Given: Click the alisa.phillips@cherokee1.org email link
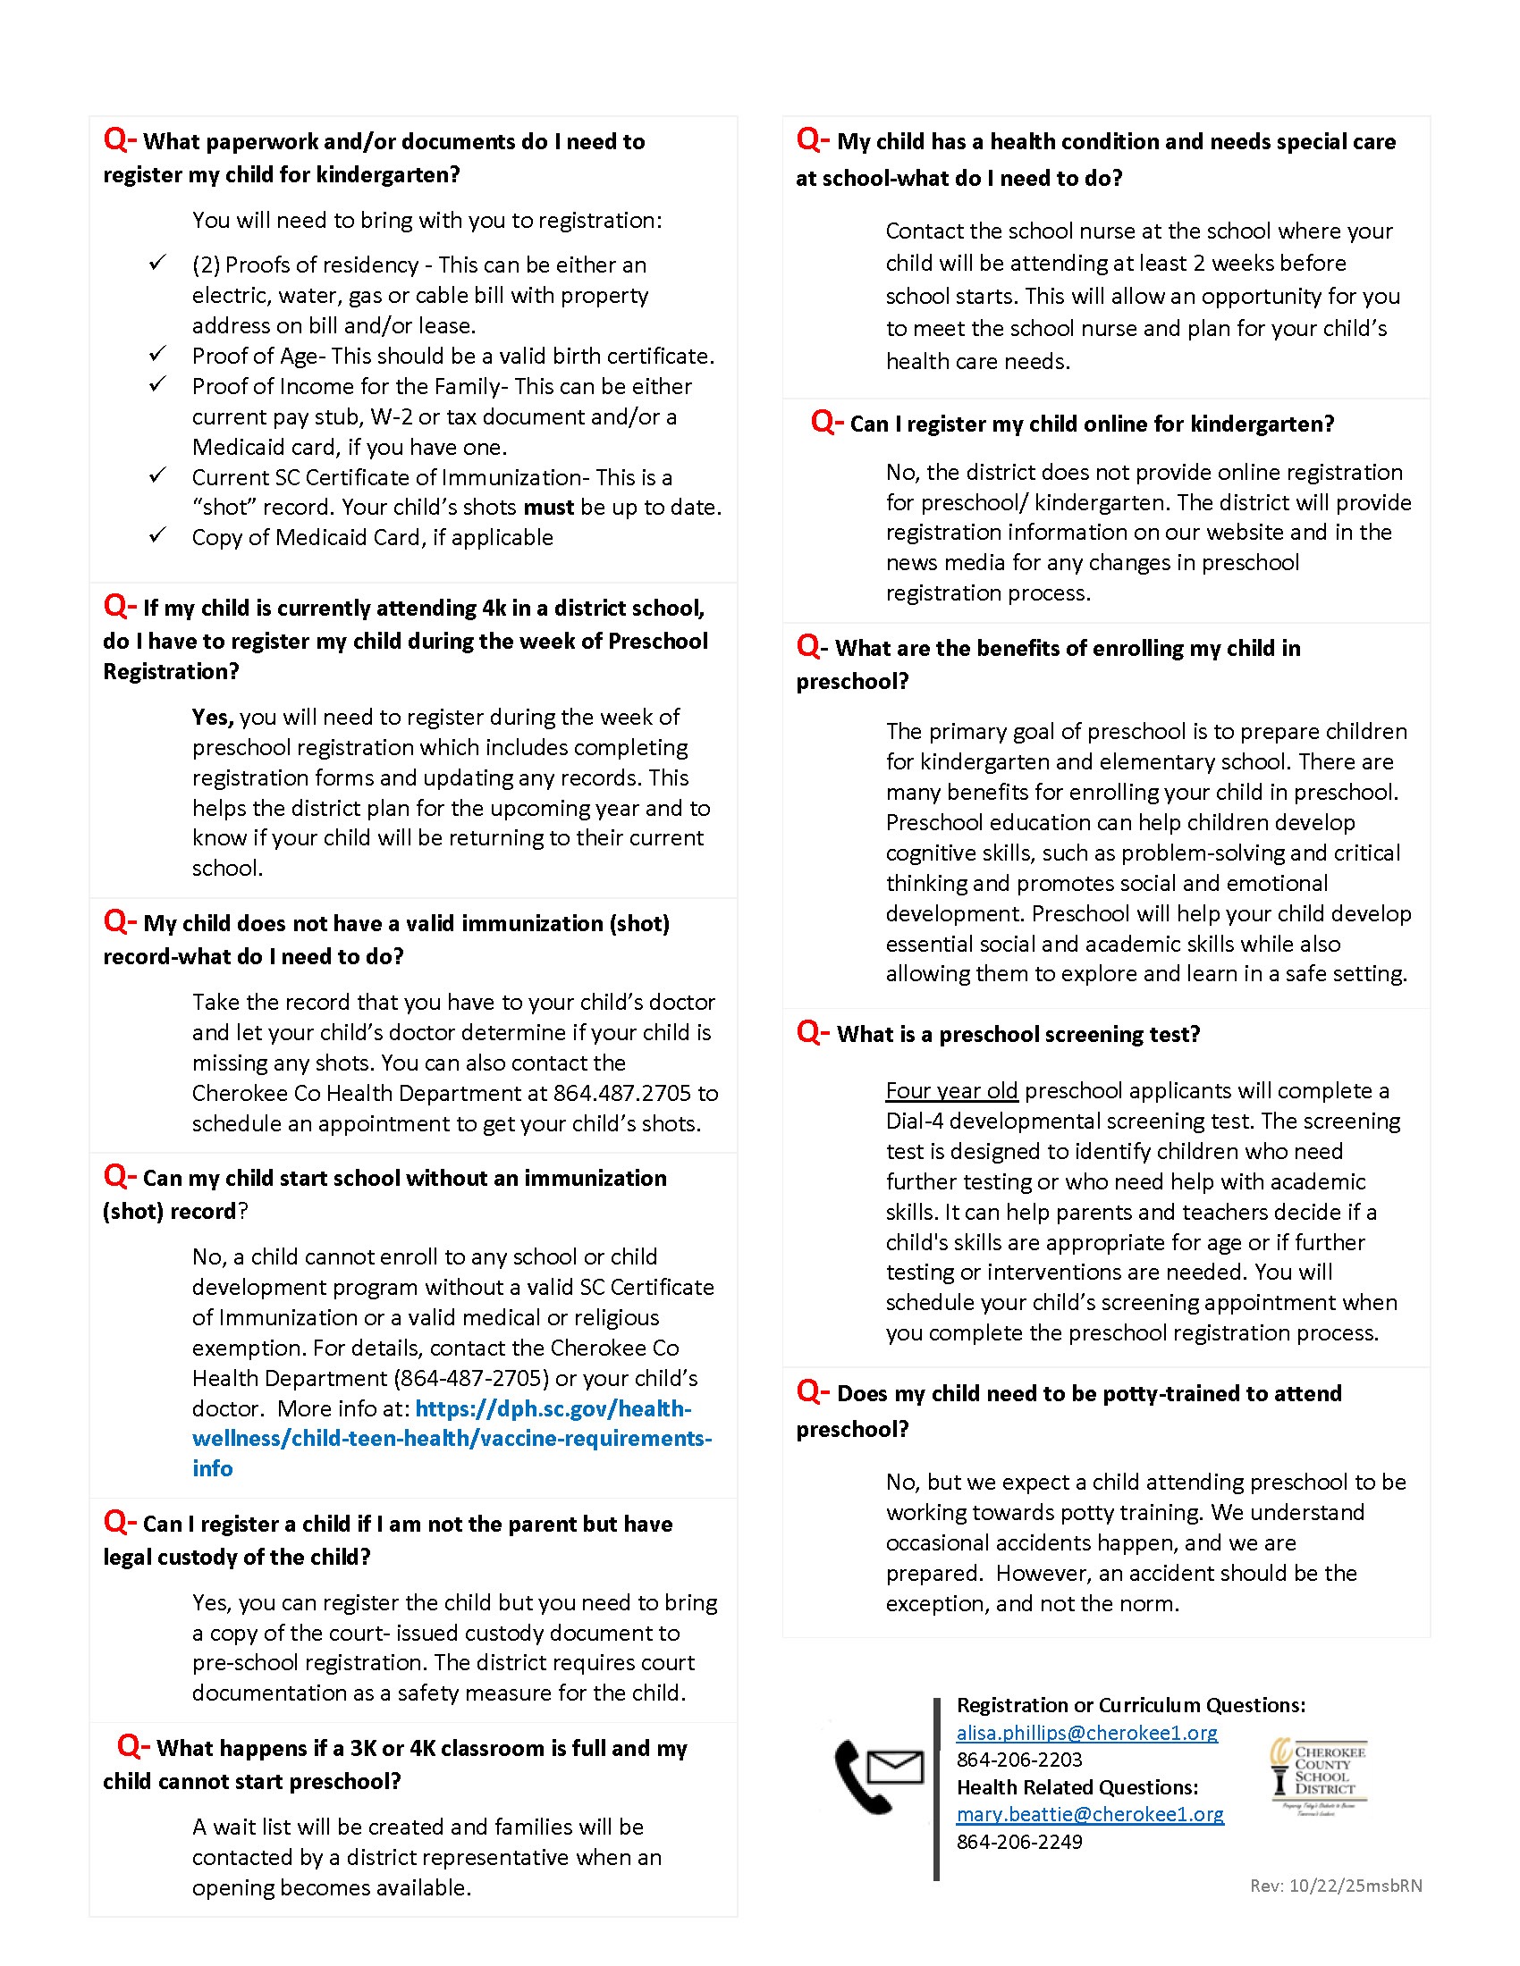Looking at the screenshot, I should click(1086, 1733).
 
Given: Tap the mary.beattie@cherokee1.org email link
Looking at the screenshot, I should click(1090, 1814).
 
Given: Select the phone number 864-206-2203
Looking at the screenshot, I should click(1019, 1760).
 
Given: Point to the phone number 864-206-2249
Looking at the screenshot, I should click(1019, 1842).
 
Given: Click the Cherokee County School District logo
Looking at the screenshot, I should click(1318, 1774).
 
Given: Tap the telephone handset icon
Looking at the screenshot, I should click(859, 1778).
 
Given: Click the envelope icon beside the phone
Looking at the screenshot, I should click(895, 1766).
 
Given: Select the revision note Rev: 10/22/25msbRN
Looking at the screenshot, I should click(1336, 1886).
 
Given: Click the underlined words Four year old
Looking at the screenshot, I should click(951, 1091).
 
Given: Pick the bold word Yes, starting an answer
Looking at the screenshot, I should click(213, 718).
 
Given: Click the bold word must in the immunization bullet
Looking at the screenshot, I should click(548, 508).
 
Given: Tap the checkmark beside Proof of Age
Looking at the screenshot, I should click(157, 354).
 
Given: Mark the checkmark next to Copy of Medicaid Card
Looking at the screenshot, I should click(157, 535).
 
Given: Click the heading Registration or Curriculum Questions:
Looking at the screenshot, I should click(1130, 1705).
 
